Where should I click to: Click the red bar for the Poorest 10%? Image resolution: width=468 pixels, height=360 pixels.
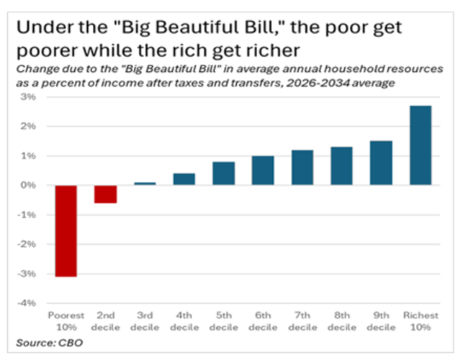point(66,230)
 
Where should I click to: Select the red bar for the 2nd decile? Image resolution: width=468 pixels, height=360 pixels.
point(105,194)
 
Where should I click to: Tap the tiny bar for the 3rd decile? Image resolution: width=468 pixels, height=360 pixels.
point(145,184)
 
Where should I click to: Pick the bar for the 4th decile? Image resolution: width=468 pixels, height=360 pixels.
point(184,179)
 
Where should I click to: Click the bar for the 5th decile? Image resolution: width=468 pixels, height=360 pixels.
point(223,174)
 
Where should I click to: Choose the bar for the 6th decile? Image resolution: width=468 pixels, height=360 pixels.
point(263,171)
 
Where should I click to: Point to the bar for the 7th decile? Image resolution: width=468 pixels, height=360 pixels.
point(302,168)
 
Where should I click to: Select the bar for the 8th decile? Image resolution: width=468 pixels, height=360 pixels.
point(341,166)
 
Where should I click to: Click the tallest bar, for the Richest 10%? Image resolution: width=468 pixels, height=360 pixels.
point(420,145)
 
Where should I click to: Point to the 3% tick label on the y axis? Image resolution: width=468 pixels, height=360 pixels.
point(30,96)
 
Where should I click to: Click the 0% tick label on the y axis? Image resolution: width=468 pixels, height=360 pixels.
point(30,185)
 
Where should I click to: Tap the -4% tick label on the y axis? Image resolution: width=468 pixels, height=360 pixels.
point(28,303)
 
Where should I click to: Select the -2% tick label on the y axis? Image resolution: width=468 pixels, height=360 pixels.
point(28,244)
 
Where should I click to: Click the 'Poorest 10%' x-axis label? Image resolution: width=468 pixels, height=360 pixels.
point(66,321)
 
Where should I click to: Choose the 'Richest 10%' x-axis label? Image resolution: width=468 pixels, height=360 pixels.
point(420,321)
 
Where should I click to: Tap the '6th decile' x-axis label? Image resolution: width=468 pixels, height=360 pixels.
point(263,321)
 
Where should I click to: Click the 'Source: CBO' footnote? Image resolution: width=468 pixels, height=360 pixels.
point(50,343)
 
